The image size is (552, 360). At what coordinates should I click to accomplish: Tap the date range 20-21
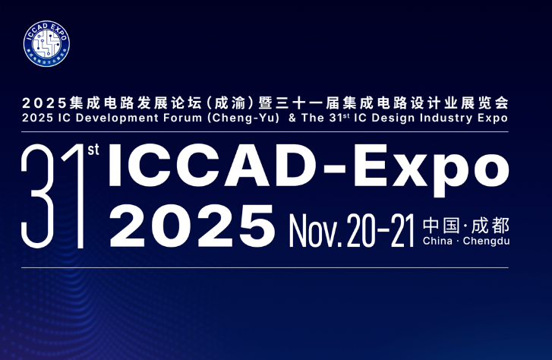coord(380,226)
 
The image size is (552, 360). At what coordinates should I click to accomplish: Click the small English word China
coord(438,242)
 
